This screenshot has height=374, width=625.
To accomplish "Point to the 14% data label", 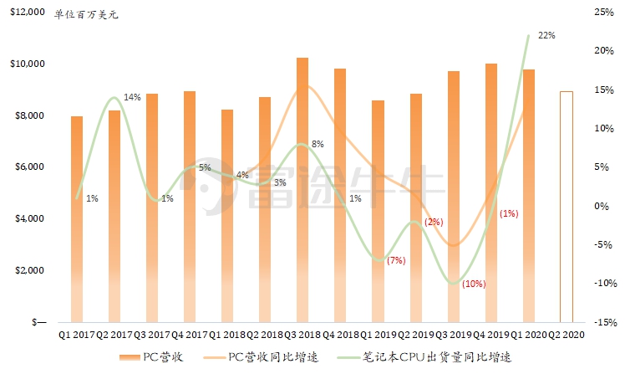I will click(132, 97).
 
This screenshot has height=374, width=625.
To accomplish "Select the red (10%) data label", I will click(473, 284).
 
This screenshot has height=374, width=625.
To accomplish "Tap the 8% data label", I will click(318, 144).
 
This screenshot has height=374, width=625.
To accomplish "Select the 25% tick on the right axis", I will click(605, 13).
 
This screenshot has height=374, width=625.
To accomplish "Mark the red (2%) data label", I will click(434, 222).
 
